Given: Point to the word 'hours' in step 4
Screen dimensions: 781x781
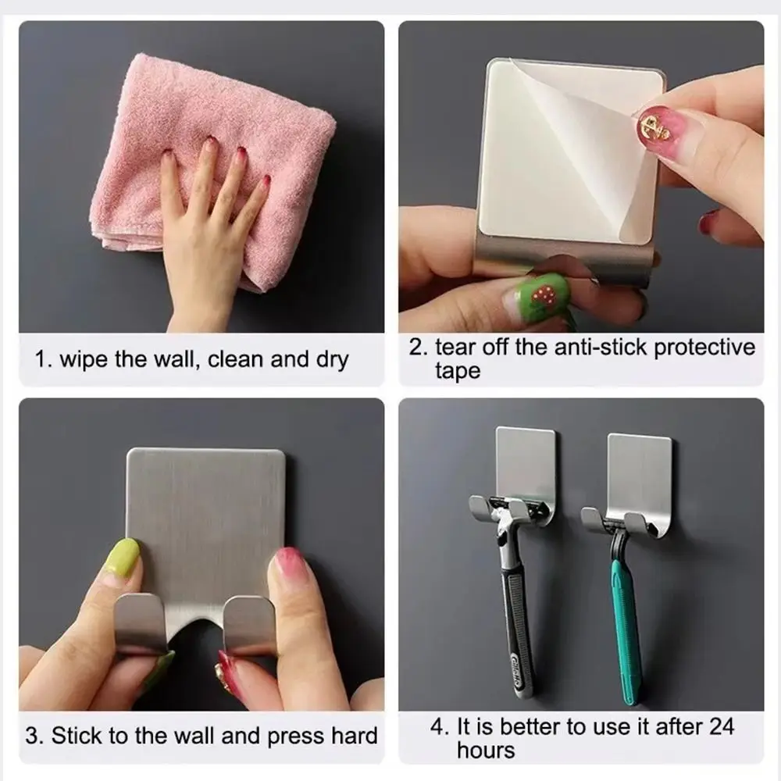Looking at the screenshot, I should pyautogui.click(x=486, y=751).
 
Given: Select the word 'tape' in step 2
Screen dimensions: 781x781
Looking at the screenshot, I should pyautogui.click(x=458, y=371).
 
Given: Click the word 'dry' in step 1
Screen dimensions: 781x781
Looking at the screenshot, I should pyautogui.click(x=330, y=360).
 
